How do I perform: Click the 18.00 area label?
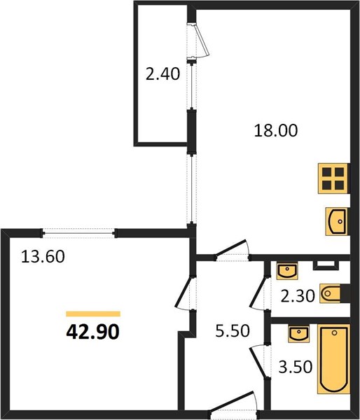coord(276,130)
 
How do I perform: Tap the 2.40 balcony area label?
coord(162,73)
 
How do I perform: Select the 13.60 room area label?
coord(43,256)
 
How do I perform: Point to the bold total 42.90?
coord(92,332)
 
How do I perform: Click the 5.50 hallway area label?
coord(233,331)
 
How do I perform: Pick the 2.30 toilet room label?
coord(298,296)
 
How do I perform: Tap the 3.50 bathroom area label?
coord(296,367)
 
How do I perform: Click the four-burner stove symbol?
coord(333,178)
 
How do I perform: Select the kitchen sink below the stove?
coord(337,222)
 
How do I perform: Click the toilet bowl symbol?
coord(331,293)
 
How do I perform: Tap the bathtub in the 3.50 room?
coord(333,359)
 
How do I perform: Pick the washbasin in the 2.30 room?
coord(287,271)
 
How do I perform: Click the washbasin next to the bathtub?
coord(298,334)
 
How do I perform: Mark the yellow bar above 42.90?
coord(93,314)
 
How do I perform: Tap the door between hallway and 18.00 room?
coord(232,250)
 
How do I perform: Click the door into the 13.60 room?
coord(184,293)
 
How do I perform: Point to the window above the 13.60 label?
coord(79,233)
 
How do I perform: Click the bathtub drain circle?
coord(334,333)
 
